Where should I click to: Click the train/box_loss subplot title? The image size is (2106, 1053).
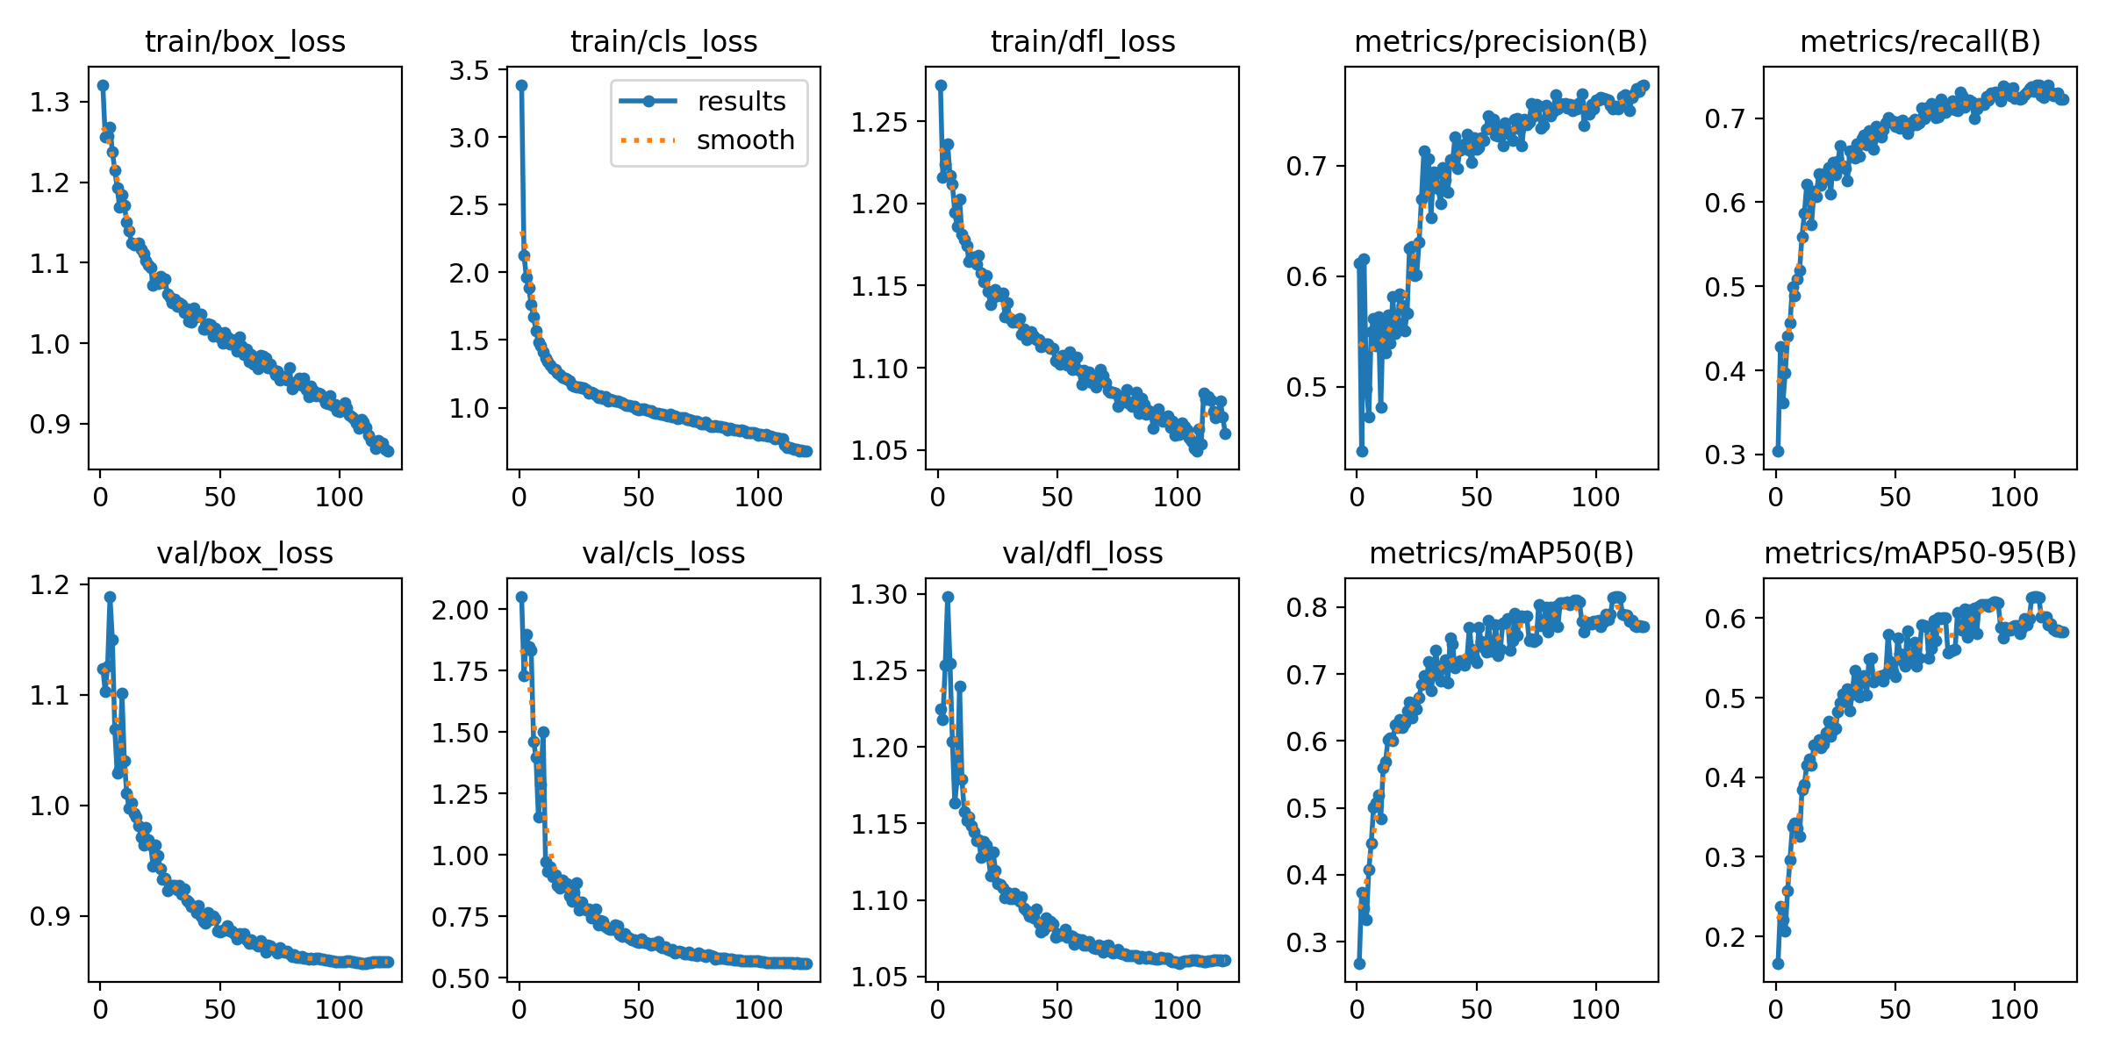[x=245, y=42]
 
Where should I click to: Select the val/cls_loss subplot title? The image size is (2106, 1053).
[x=663, y=554]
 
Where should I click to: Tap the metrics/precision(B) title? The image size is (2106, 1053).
[x=1501, y=42]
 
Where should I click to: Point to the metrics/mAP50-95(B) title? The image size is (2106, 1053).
[x=1920, y=554]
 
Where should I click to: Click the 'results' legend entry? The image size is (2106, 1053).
[x=741, y=102]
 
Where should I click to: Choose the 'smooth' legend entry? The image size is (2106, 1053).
[x=745, y=140]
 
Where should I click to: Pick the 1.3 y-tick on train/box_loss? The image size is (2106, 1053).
[x=49, y=103]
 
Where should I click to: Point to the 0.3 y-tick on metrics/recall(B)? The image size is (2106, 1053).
[x=1724, y=455]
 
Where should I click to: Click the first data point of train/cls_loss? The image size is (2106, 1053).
[x=521, y=85]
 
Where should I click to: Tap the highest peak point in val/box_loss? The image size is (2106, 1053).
[x=110, y=597]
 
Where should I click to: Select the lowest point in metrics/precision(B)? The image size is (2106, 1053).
[x=1362, y=451]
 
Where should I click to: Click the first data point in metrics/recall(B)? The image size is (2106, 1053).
[x=1778, y=451]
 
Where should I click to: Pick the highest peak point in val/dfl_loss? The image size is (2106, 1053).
[x=948, y=597]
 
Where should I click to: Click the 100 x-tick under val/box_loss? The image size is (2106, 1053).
[x=339, y=1010]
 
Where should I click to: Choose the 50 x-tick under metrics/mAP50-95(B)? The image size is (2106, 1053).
[x=1895, y=1010]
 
